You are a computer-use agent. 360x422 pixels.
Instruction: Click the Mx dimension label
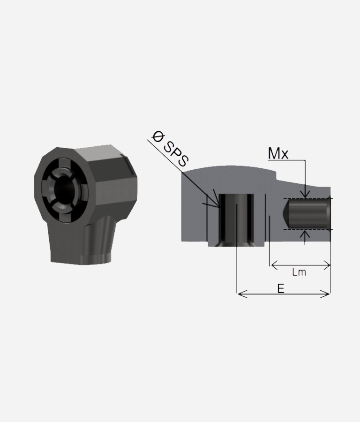(278, 154)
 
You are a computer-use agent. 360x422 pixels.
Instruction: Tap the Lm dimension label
(299, 272)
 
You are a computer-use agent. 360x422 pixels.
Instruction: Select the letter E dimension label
(281, 289)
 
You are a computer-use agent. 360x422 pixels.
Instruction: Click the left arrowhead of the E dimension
(242, 294)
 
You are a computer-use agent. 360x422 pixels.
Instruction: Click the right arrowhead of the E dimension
(325, 294)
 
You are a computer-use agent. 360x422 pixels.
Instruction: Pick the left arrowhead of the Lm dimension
(275, 265)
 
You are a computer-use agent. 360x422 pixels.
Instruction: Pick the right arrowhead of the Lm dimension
(326, 265)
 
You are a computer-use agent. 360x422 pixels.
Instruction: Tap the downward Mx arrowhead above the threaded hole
(305, 194)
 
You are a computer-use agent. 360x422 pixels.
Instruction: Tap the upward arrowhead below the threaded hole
(305, 234)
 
